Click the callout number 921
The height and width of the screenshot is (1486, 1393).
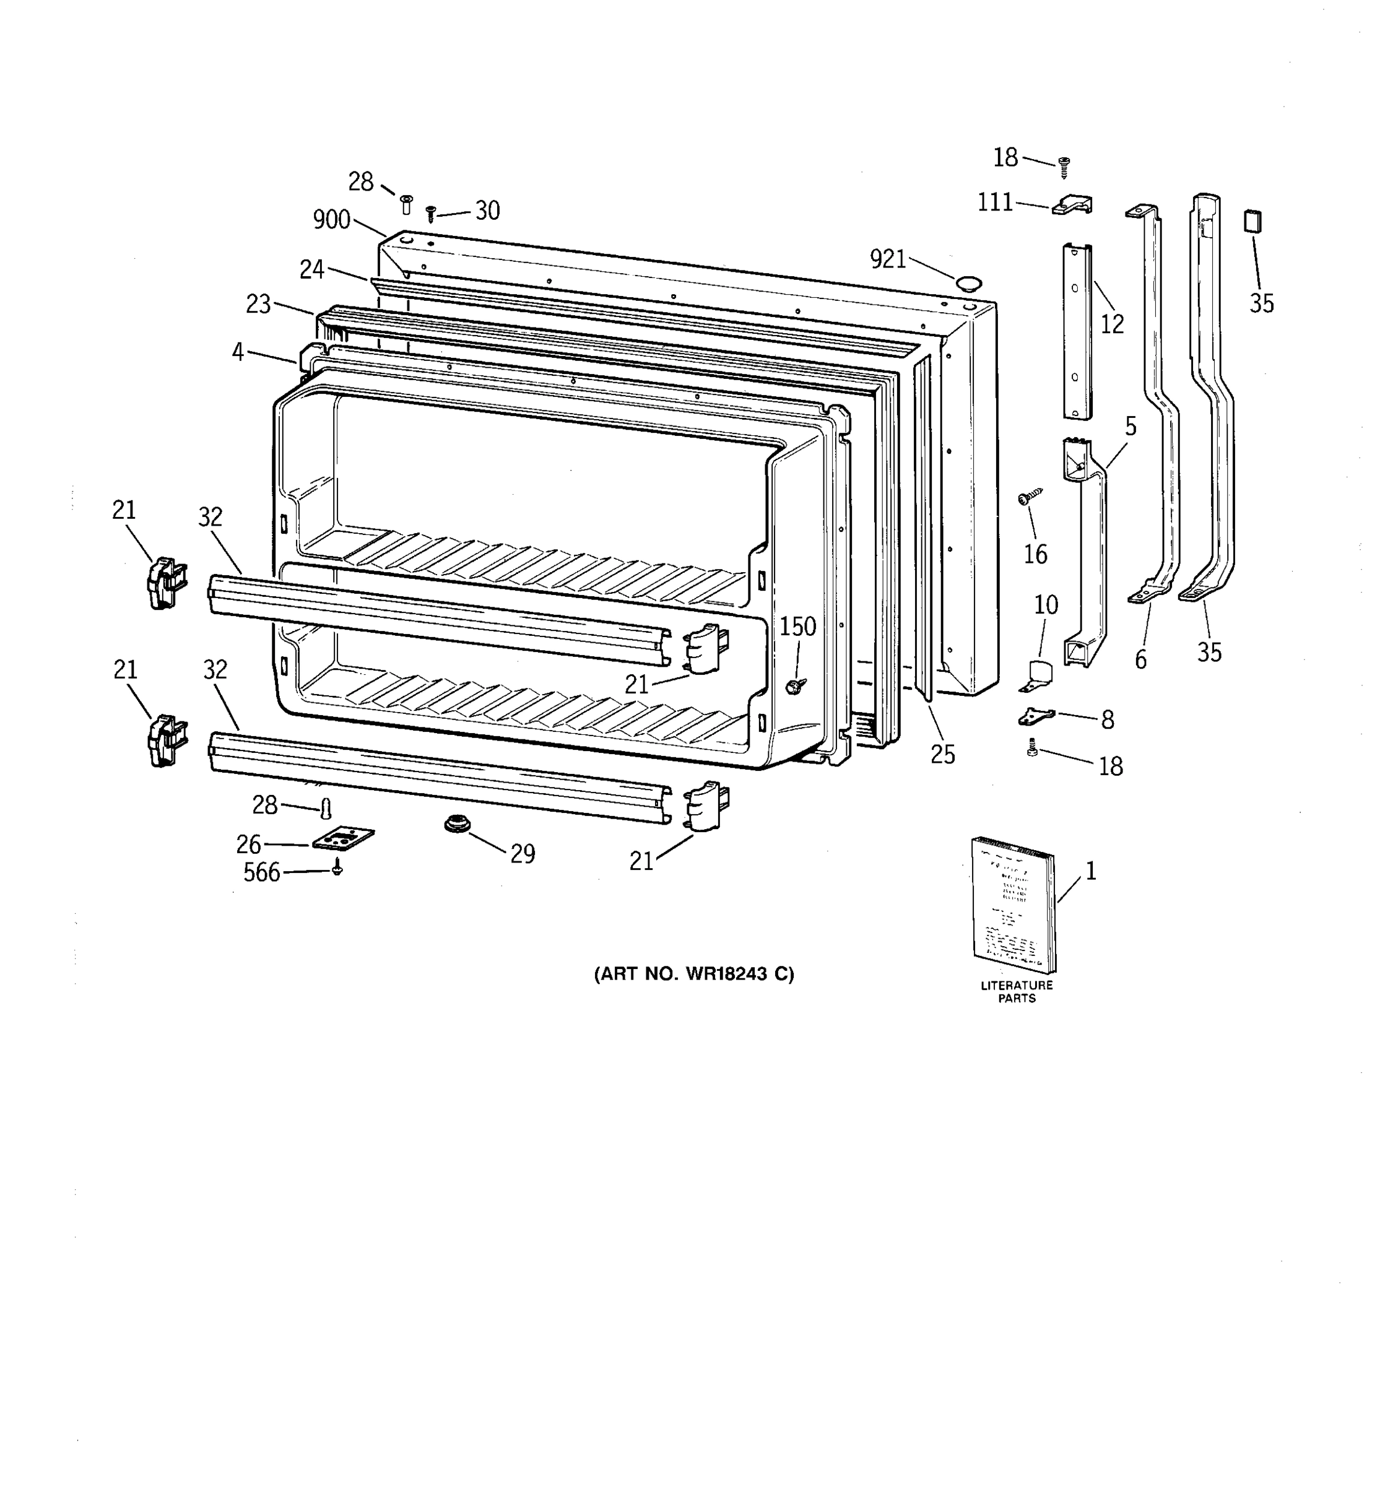pyautogui.click(x=888, y=259)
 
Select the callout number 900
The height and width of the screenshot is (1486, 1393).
pyautogui.click(x=331, y=220)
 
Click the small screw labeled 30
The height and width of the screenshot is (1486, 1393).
pyautogui.click(x=430, y=214)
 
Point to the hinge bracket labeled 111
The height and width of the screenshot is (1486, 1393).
pyautogui.click(x=1073, y=205)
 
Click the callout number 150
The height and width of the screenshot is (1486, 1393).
pyautogui.click(x=798, y=627)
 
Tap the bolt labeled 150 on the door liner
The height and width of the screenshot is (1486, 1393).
pyautogui.click(x=794, y=684)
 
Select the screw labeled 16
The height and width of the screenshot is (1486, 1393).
pyautogui.click(x=1030, y=497)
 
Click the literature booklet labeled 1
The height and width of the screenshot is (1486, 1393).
pyautogui.click(x=1014, y=905)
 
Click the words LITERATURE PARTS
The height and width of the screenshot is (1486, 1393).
pyautogui.click(x=1017, y=991)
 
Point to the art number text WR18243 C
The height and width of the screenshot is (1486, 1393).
pyautogui.click(x=694, y=974)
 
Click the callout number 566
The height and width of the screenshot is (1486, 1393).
pyautogui.click(x=261, y=872)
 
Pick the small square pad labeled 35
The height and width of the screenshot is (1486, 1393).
pyautogui.click(x=1252, y=222)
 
